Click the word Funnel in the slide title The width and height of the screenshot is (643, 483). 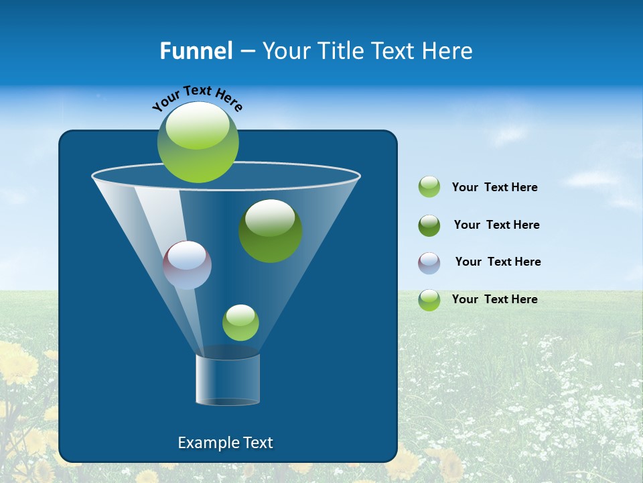point(196,51)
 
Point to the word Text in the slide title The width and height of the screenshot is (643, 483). point(390,51)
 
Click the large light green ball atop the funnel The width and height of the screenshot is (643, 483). point(198,142)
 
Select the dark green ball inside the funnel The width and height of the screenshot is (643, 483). point(270,231)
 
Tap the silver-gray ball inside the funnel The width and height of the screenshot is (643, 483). point(187,265)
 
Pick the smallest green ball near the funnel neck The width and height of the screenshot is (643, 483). point(240,323)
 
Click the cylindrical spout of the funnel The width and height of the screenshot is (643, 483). point(228,380)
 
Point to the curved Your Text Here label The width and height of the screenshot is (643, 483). point(197,98)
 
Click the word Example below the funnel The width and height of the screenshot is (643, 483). point(204,443)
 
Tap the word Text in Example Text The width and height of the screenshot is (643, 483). point(257,443)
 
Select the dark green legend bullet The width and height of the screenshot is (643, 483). point(429,225)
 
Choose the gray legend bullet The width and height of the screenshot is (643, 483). point(429,263)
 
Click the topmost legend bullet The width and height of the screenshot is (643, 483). point(429,187)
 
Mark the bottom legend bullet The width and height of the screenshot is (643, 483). point(429,300)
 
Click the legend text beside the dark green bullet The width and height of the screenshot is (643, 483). point(496,225)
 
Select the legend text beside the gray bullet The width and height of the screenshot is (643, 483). point(498,262)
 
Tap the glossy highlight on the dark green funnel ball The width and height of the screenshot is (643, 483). point(270,217)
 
